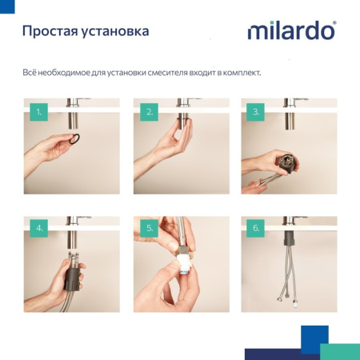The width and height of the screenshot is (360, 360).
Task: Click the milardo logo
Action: [290, 32]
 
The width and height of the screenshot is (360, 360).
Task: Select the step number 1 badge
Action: [38, 112]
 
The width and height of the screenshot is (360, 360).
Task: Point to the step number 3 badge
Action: [256, 112]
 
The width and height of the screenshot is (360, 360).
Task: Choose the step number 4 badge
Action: [38, 229]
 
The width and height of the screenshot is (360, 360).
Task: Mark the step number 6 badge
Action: [256, 229]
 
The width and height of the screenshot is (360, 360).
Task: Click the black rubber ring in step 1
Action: [74, 141]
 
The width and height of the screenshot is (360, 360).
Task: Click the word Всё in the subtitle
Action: [30, 73]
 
